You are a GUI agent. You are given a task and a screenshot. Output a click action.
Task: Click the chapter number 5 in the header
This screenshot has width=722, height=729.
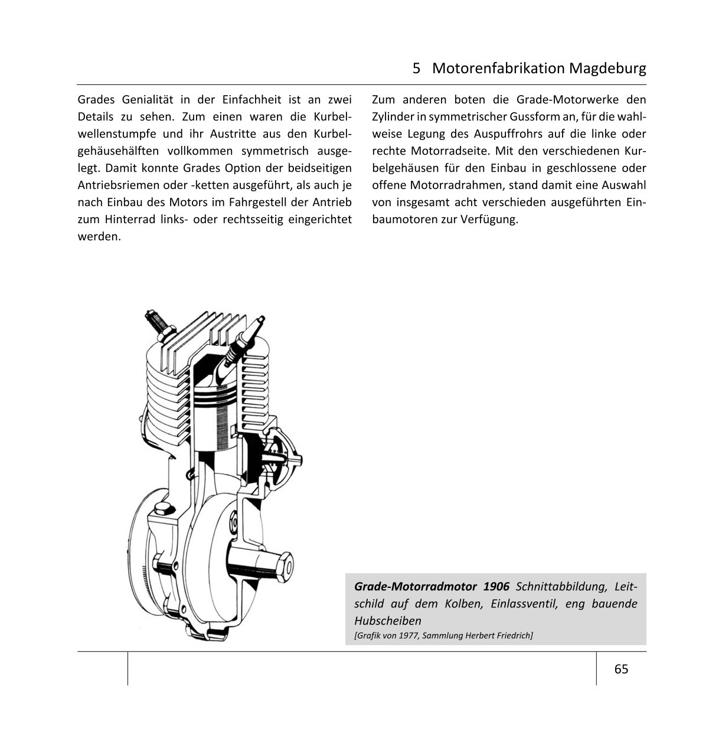coord(417,68)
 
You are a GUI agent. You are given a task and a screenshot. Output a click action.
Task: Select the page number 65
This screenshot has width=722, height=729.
coord(621,669)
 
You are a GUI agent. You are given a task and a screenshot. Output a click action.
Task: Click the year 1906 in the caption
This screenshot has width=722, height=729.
coord(496,587)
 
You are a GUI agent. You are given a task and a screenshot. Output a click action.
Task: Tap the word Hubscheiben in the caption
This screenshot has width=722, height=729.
coord(388,620)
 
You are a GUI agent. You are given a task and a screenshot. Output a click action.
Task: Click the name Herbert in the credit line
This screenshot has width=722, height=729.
coord(482,635)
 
